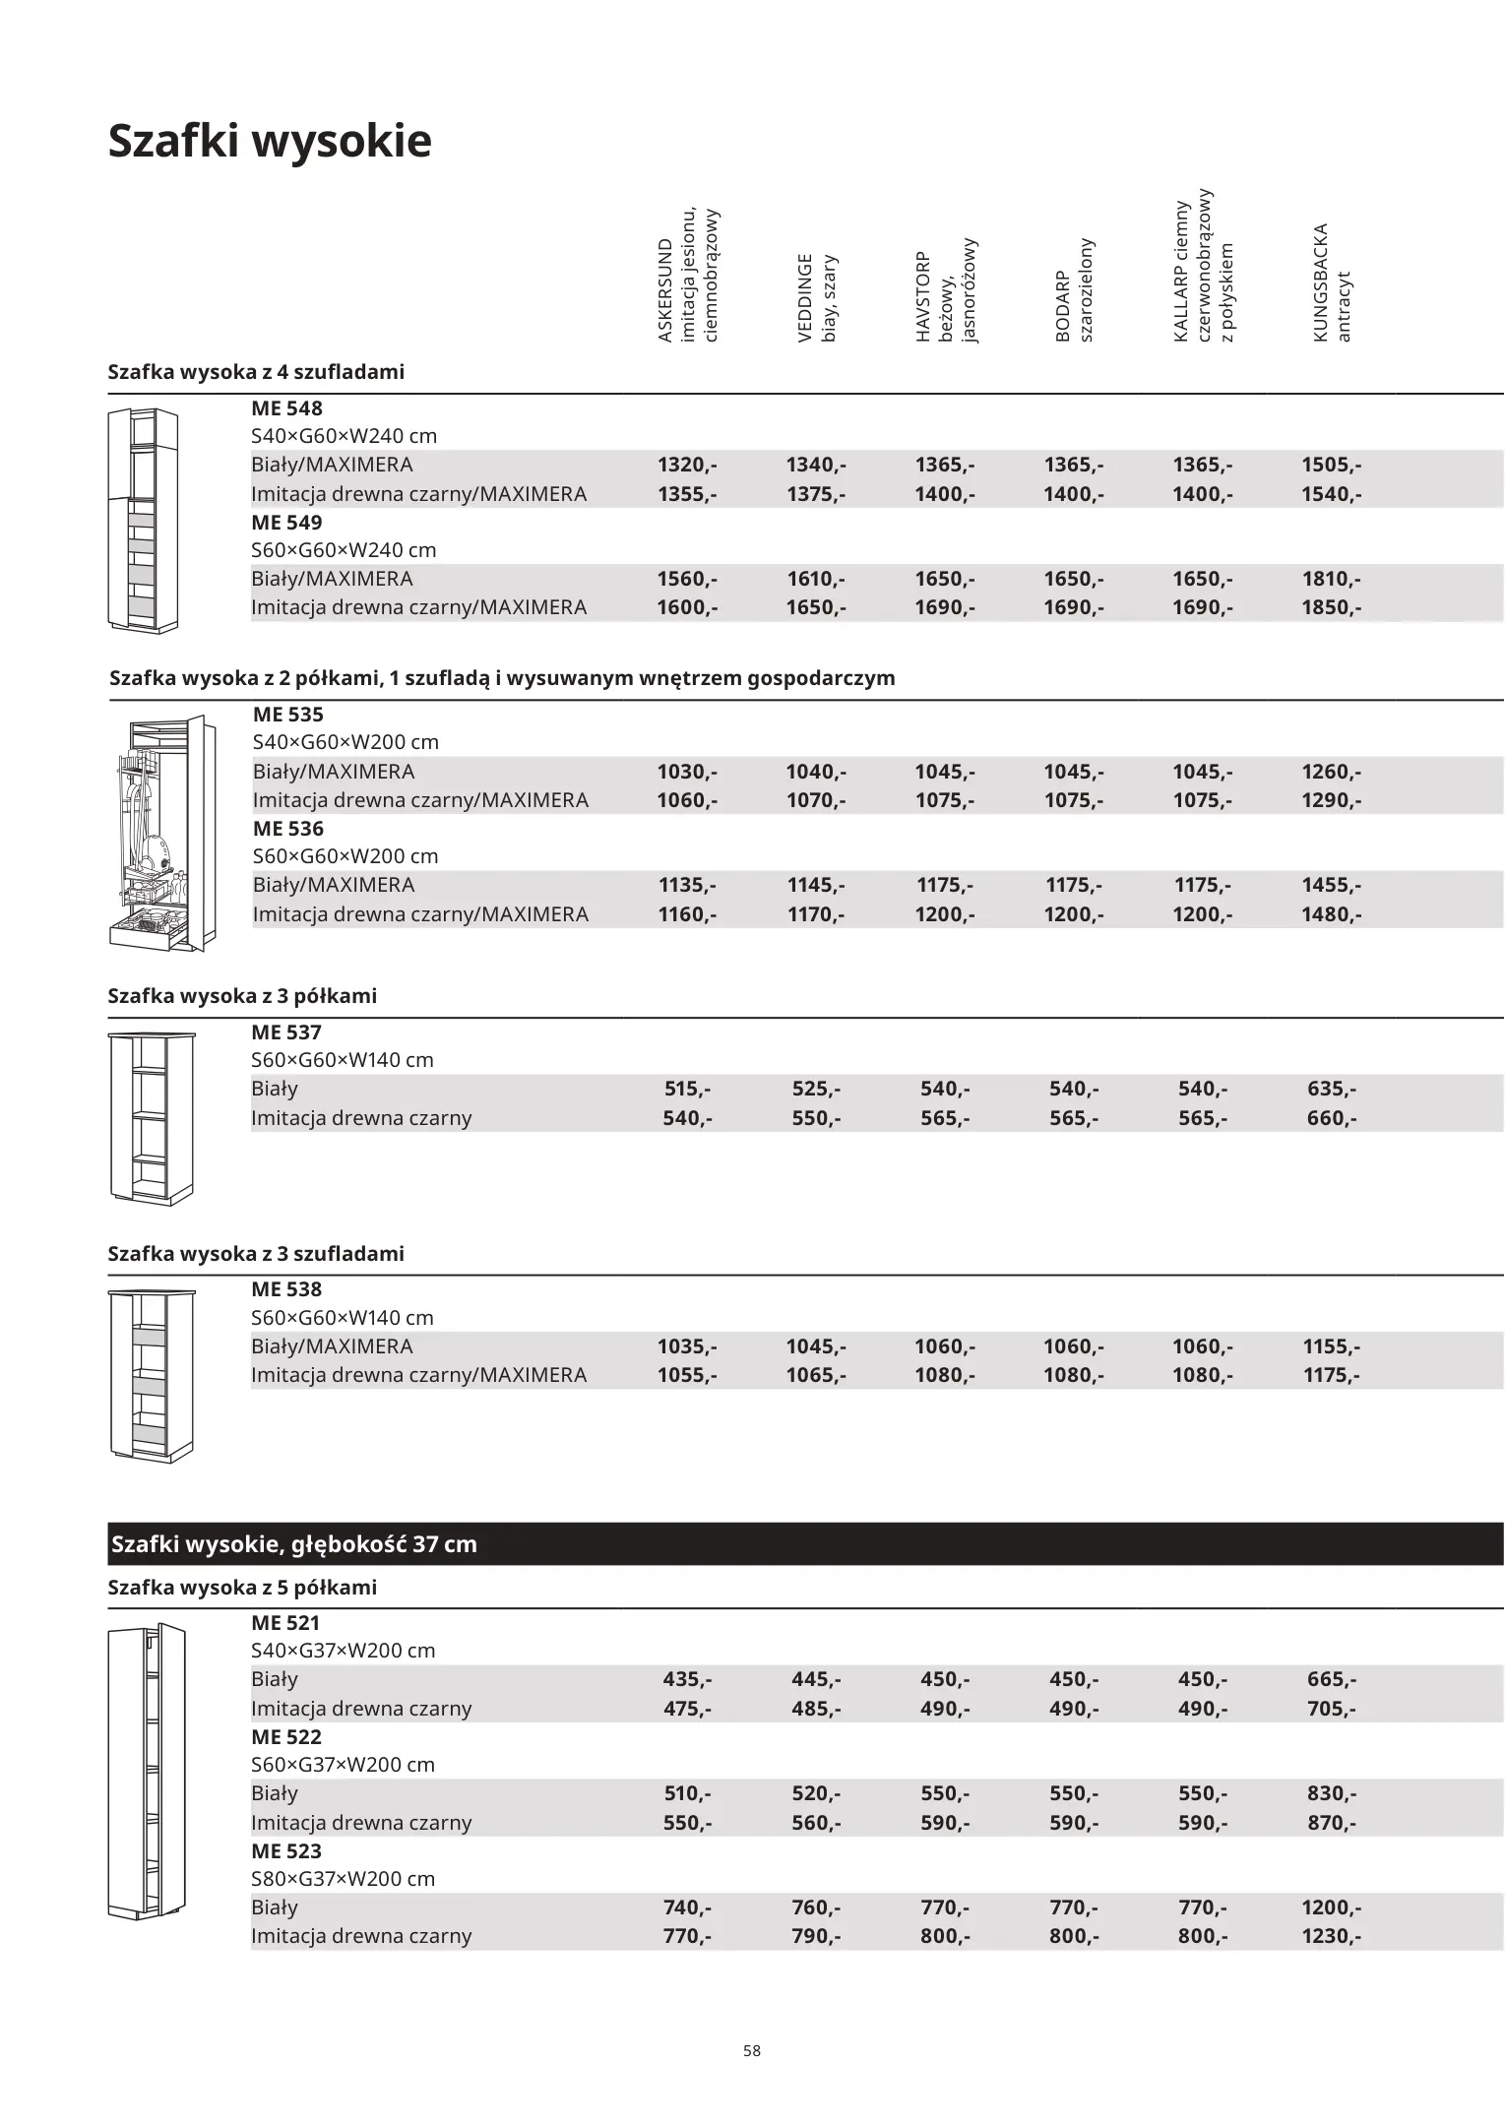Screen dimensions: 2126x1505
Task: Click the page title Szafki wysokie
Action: pos(269,141)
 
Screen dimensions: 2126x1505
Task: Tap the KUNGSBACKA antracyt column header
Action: pos(1332,283)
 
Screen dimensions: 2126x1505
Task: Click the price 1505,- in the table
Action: pos(1332,465)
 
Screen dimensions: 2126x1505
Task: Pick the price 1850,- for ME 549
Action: pos(1332,607)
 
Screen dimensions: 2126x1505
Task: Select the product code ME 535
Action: pos(287,715)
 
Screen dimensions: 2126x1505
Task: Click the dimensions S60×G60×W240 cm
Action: pos(344,550)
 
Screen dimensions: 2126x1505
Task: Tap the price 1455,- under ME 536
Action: pos(1332,885)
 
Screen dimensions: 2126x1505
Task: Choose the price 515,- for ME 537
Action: pos(687,1089)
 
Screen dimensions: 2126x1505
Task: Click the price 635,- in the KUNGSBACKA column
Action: pos(1332,1089)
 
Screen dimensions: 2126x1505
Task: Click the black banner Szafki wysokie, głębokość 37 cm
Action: pos(804,1543)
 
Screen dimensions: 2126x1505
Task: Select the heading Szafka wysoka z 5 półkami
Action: pos(242,1588)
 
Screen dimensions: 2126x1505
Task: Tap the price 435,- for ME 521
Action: pos(687,1679)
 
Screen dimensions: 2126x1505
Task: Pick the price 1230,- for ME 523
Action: pos(1332,1935)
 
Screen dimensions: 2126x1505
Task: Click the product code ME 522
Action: pos(286,1737)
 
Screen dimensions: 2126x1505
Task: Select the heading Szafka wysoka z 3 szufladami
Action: pos(256,1254)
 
